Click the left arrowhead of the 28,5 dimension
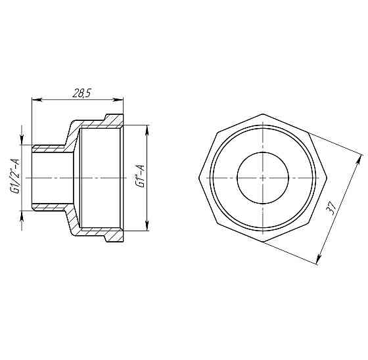(x=35, y=100)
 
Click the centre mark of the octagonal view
(x=262, y=178)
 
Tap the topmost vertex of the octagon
(x=262, y=115)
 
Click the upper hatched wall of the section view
(x=99, y=123)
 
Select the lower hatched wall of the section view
(x=99, y=233)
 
